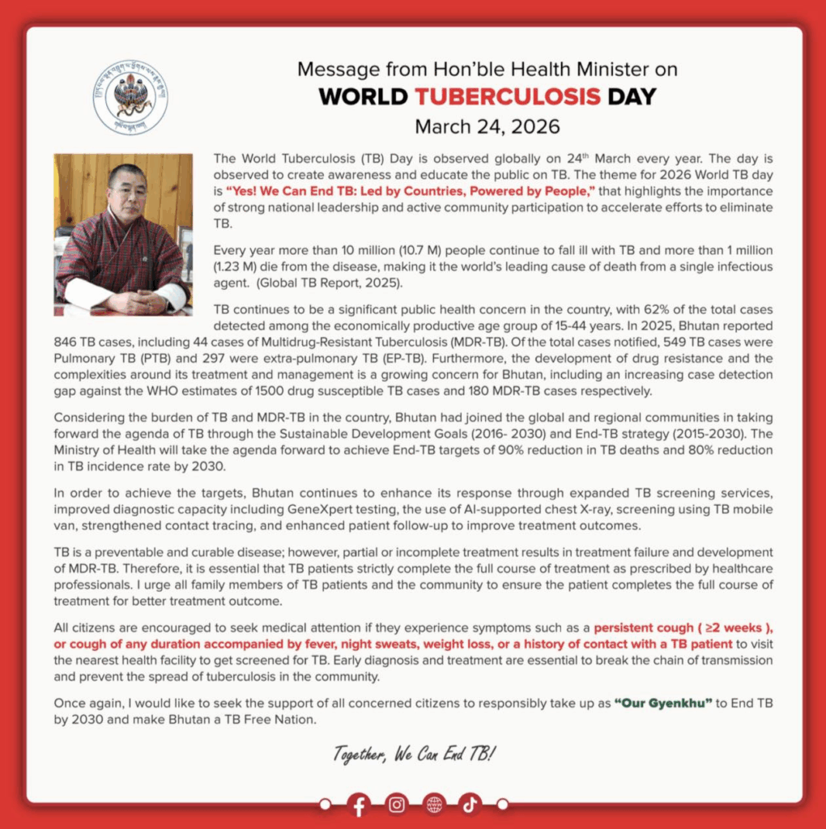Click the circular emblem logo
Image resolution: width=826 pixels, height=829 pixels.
[x=130, y=96]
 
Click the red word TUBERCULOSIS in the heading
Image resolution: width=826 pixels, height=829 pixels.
[x=508, y=97]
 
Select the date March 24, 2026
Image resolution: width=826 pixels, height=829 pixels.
[x=487, y=127]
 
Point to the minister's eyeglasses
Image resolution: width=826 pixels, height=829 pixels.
[x=129, y=193]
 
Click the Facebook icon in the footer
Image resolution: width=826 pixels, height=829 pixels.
[x=360, y=804]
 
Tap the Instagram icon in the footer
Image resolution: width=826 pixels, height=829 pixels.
[x=397, y=804]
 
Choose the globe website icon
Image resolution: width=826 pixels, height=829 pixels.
[x=434, y=804]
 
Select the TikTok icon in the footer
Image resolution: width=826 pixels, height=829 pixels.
[x=470, y=804]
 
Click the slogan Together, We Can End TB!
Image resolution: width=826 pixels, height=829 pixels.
[x=414, y=755]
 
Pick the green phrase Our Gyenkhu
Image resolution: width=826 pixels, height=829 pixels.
[x=663, y=702]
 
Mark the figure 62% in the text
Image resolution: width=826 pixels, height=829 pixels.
[x=613, y=310]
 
